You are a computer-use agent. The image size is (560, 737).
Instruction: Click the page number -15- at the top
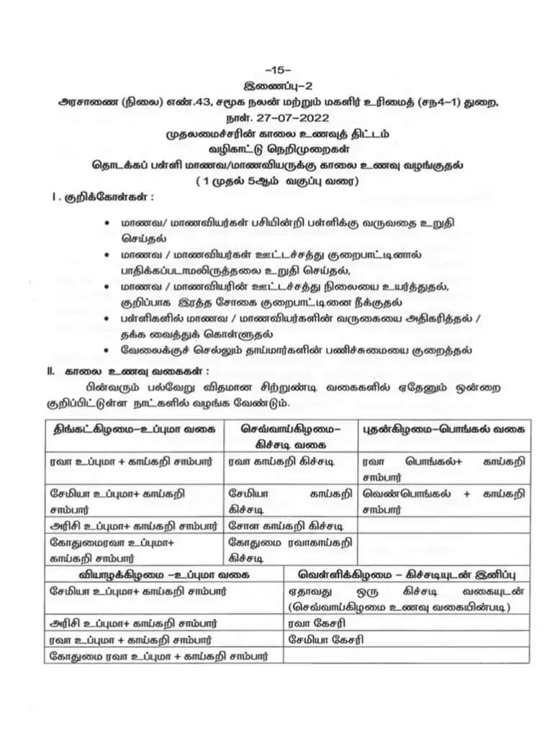(x=278, y=71)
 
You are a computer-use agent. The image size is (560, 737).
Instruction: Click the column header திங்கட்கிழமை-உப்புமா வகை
(x=135, y=428)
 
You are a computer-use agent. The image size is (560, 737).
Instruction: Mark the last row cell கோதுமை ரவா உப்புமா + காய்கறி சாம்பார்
(x=159, y=656)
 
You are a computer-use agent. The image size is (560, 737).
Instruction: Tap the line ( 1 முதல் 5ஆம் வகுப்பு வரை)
(x=279, y=181)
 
